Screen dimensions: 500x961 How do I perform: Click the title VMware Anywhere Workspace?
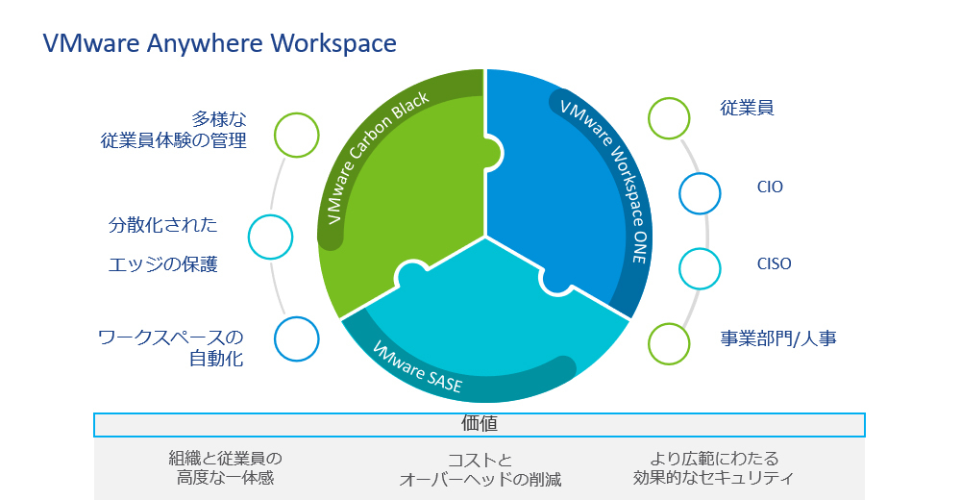click(x=219, y=43)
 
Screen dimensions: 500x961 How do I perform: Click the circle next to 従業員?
click(x=669, y=117)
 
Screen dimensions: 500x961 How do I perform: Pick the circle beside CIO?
click(x=700, y=192)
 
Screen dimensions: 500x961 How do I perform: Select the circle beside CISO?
click(x=700, y=268)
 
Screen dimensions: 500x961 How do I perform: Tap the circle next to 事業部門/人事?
click(x=669, y=343)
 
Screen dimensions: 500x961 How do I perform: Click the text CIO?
click(x=770, y=187)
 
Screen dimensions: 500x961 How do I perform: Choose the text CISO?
click(x=774, y=262)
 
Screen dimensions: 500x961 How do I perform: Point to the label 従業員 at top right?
click(x=748, y=108)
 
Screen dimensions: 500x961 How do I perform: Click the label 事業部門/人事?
click(x=778, y=338)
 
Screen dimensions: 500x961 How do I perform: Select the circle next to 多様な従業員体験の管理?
click(x=296, y=135)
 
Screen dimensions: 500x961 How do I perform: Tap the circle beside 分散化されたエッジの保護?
click(x=270, y=237)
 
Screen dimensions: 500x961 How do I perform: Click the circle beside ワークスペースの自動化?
click(x=296, y=338)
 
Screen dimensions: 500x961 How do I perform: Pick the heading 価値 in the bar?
click(x=479, y=423)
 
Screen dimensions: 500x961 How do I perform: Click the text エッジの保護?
click(x=162, y=264)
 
